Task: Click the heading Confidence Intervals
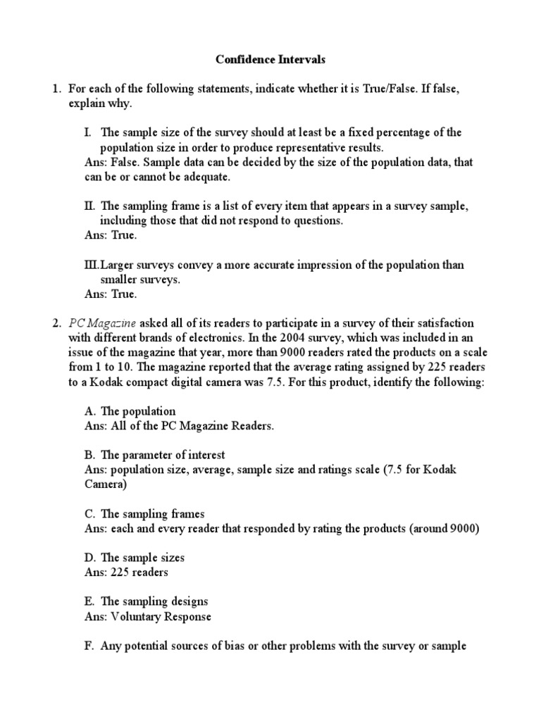(270, 60)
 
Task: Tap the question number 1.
(55, 89)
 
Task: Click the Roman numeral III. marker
(91, 265)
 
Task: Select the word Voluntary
(135, 616)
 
